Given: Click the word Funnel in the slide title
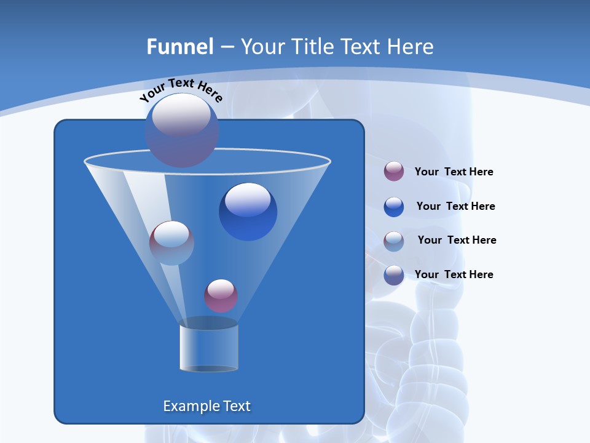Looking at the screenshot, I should pos(180,47).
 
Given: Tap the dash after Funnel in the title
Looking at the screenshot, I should pos(227,47).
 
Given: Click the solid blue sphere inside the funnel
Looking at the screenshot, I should pos(248,212).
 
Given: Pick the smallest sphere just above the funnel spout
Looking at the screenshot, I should pos(221,296).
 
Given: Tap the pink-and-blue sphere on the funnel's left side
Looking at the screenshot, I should pos(171,243).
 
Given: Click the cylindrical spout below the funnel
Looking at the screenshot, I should pos(209,346).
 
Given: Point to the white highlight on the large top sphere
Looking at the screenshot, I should pos(181,114).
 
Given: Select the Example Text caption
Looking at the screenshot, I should pos(207,406).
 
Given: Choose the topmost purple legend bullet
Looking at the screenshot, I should pos(394,172).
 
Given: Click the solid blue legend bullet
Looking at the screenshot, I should pos(394,207).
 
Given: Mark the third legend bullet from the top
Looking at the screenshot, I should pos(394,241).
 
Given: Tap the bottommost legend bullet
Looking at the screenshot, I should pos(394,275).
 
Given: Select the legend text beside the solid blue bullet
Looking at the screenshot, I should pos(455,206).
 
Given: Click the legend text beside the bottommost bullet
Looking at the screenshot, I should pos(454,274).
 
